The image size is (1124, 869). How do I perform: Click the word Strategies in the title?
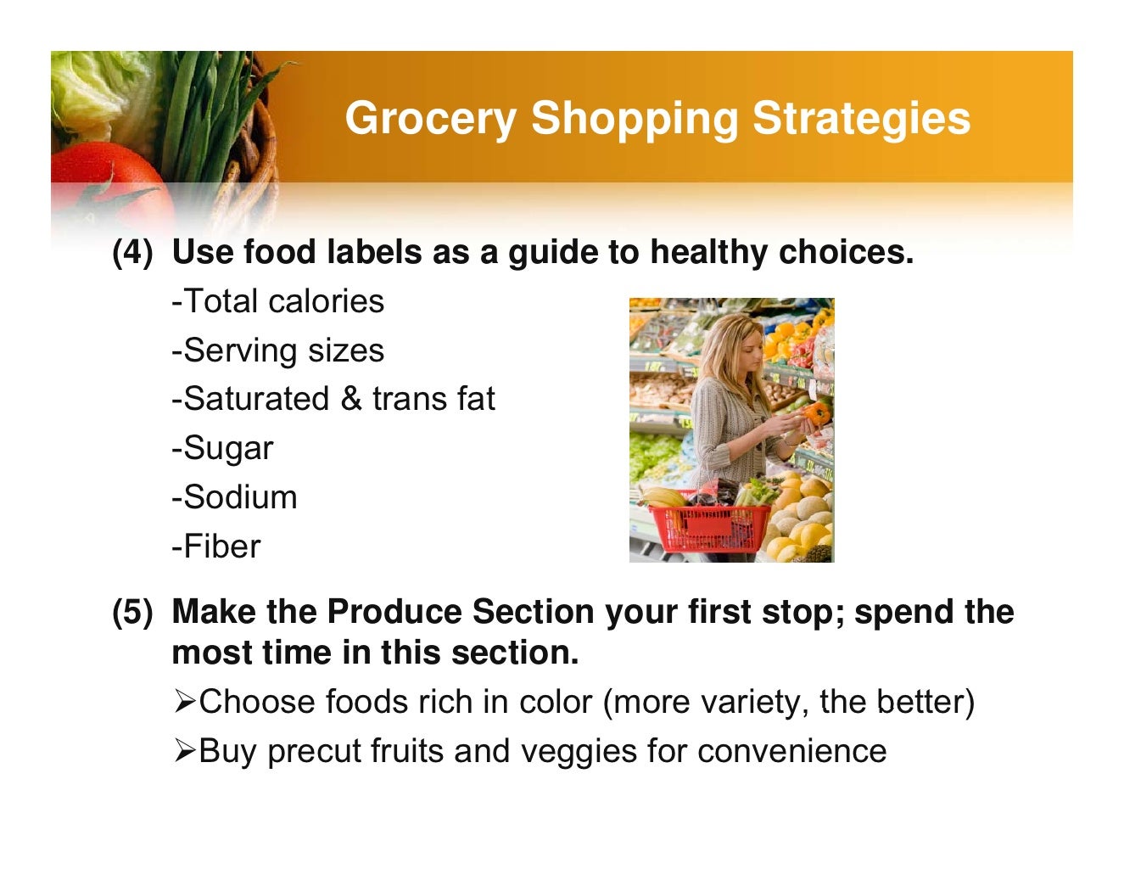pos(861,118)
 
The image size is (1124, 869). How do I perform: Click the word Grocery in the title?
pos(430,118)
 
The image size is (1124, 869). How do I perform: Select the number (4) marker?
pos(133,253)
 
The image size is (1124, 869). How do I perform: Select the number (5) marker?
pos(133,612)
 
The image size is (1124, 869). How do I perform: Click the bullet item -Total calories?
pos(277,301)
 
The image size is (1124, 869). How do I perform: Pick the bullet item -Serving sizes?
pos(277,350)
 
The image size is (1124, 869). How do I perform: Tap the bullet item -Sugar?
pos(222,448)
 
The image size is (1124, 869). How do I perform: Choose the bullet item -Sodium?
pos(234,497)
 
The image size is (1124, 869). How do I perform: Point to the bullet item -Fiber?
pos(215,547)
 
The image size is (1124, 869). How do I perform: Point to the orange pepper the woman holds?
pos(817,414)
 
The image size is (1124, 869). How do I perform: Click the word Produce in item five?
pos(393,612)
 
